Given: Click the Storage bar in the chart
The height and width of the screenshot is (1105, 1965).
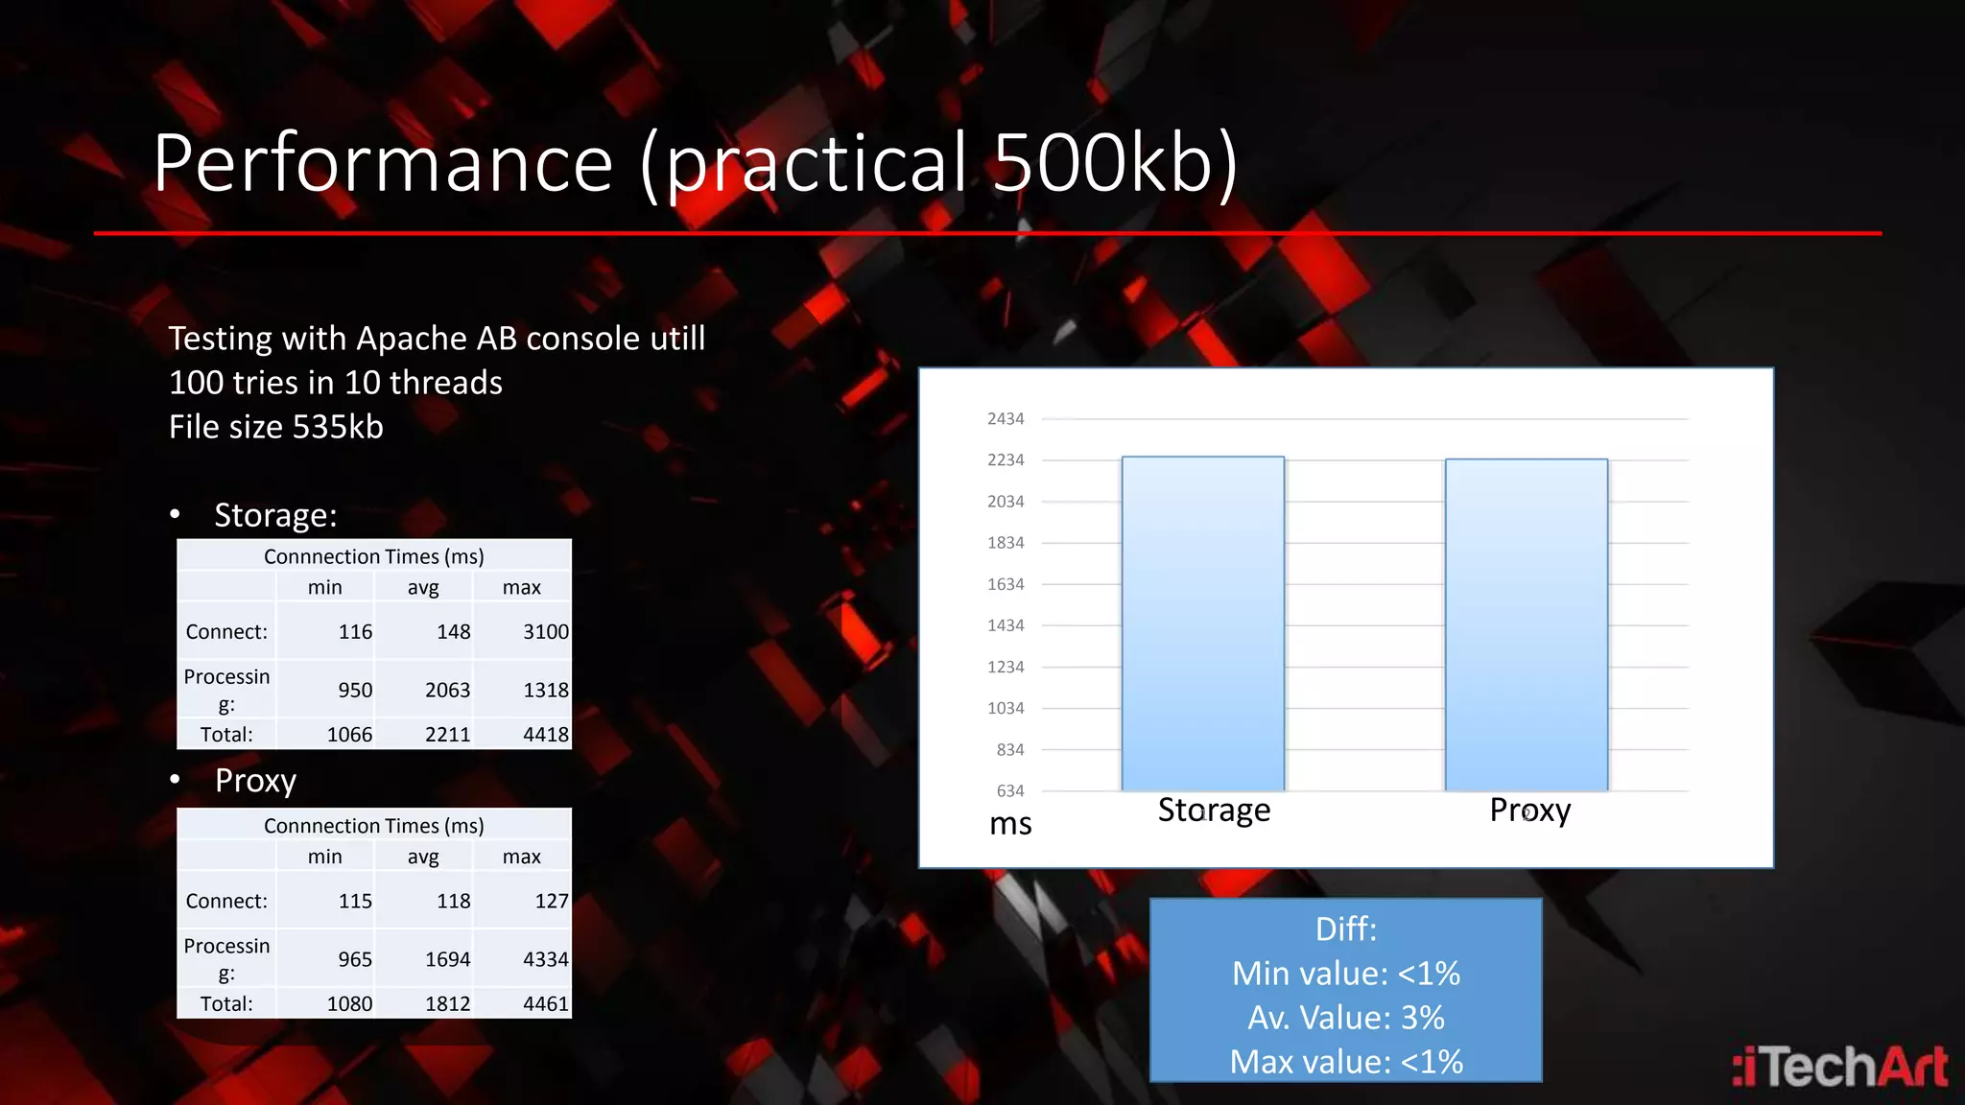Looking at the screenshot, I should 1202,623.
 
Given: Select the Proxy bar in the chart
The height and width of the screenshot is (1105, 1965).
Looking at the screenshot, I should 1526,624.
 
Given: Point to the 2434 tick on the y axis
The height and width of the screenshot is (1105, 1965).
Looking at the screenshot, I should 1006,419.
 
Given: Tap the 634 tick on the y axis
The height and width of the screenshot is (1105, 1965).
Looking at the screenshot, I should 1009,791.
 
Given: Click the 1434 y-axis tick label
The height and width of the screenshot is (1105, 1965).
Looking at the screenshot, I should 1006,625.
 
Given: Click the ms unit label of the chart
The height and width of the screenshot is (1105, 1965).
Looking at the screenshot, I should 1010,824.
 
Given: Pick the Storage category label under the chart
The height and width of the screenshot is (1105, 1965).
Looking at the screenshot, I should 1214,811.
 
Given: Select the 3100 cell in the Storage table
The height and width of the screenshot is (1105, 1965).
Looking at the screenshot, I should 545,632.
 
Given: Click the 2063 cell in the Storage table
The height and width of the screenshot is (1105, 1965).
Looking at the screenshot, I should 447,691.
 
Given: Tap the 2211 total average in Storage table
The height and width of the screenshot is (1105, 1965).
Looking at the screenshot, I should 447,735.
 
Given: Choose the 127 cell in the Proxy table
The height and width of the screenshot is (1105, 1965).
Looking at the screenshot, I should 551,902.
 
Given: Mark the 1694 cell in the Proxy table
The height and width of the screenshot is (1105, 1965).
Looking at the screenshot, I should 447,960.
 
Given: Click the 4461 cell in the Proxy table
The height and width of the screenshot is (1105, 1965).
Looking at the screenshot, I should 545,1004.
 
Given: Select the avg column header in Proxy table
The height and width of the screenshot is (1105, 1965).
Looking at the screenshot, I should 423,857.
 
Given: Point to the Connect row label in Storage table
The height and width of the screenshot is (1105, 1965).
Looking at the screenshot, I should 226,632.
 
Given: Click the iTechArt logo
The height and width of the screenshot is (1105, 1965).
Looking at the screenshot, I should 1839,1068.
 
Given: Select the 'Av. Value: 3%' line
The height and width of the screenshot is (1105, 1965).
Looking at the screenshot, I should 1345,1018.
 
